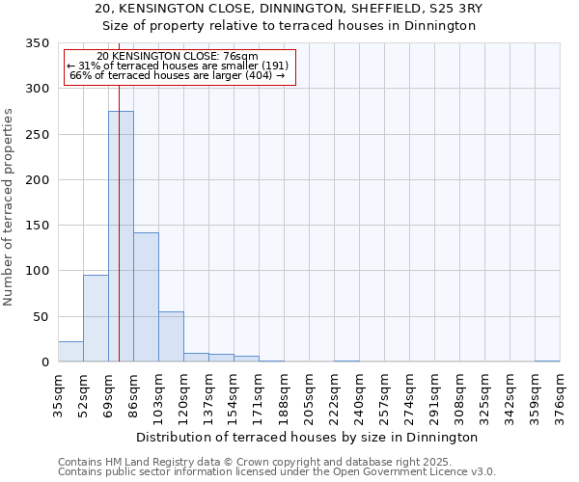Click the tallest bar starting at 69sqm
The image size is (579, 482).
121,236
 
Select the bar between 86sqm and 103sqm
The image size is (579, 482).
146,297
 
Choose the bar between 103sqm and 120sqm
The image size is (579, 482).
171,336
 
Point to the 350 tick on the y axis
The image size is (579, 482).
37,43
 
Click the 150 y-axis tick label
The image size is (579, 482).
37,226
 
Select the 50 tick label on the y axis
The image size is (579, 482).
41,317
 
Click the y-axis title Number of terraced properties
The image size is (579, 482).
9,207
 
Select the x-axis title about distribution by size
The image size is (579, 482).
308,437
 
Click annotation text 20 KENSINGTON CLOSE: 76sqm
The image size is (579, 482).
178,57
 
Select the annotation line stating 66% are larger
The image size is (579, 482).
178,75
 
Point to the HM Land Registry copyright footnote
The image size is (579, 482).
261,462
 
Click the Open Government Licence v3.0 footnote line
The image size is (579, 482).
277,472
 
